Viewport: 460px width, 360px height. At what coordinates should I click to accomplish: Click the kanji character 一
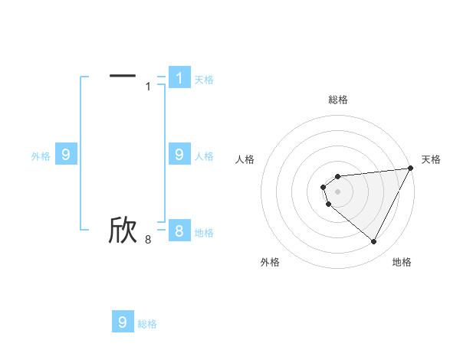click(x=123, y=75)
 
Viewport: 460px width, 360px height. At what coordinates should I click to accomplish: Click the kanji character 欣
click(x=123, y=230)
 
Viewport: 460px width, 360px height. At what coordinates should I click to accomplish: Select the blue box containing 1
click(x=179, y=78)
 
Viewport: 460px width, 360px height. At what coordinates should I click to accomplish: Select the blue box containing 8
click(x=179, y=230)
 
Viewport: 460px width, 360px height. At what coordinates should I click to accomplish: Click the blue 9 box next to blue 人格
click(x=179, y=154)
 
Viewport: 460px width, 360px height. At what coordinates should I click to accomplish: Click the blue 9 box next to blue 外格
click(x=66, y=154)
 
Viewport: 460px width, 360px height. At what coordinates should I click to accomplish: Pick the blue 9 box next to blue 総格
click(x=123, y=322)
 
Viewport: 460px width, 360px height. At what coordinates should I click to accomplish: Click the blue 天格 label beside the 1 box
click(x=204, y=80)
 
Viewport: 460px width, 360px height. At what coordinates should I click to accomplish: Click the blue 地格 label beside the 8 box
click(x=204, y=233)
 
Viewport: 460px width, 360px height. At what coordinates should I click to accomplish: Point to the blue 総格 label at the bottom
click(x=147, y=325)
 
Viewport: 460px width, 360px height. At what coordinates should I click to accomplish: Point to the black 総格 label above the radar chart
click(x=337, y=100)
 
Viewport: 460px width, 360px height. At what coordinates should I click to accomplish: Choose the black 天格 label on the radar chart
click(x=431, y=159)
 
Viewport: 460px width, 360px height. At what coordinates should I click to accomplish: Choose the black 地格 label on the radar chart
click(x=402, y=262)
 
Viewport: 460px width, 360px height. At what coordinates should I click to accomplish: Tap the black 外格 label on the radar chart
click(x=270, y=262)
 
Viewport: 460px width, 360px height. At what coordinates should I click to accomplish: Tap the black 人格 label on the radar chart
click(x=245, y=159)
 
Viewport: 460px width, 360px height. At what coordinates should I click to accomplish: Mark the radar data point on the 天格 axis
click(x=411, y=168)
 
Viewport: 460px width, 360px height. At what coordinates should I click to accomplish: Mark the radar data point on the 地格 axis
click(x=374, y=242)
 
